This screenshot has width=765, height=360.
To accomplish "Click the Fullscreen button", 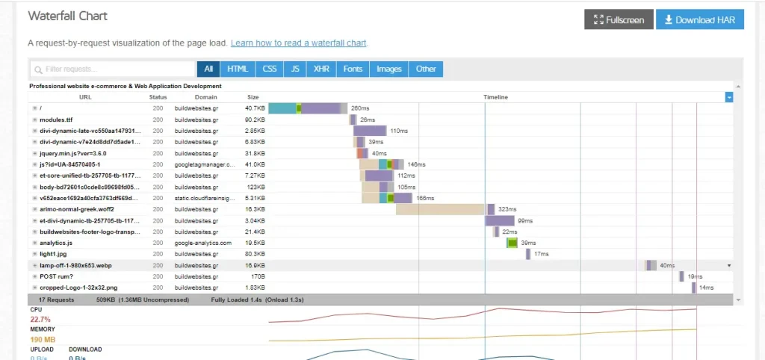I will (619, 19).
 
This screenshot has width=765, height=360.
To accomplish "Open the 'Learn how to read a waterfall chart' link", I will (299, 43).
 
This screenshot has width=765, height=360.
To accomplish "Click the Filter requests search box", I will (113, 69).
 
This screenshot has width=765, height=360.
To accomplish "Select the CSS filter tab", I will (270, 69).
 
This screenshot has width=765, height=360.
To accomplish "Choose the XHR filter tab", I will (320, 69).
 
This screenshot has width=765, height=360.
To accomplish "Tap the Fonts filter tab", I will (353, 69).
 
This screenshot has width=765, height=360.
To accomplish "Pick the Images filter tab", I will (389, 69).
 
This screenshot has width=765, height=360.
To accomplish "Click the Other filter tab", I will (426, 69).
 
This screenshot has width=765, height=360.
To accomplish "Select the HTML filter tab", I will (238, 69).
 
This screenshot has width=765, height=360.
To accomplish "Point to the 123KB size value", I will (255, 187).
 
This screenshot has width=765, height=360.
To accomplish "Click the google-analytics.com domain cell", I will (203, 243).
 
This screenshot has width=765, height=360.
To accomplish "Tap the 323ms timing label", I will (508, 209).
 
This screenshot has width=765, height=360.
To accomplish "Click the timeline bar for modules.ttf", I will (353, 120).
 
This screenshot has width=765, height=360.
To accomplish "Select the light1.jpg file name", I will (53, 254).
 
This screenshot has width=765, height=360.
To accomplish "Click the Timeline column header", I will (495, 97).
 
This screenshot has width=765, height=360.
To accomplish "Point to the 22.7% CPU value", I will (40, 320).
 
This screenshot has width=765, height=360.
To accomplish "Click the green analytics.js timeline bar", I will (512, 243).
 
